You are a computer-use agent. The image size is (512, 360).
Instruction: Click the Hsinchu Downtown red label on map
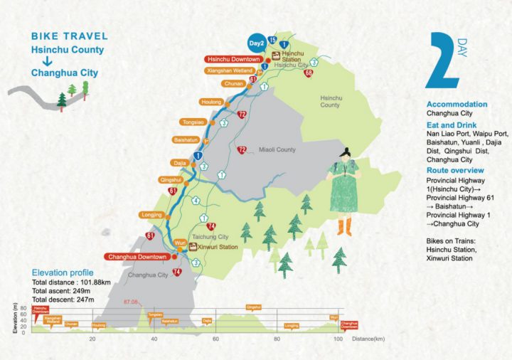[x=233, y=59]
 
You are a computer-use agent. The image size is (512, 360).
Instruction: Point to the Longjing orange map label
[x=153, y=214]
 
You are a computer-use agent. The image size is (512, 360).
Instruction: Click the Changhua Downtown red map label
[x=137, y=256]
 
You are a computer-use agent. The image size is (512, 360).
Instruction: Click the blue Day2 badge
[x=257, y=42]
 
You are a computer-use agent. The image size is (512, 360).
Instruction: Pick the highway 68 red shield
[x=308, y=73]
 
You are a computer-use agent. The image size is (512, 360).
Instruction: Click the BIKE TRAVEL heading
[x=70, y=36]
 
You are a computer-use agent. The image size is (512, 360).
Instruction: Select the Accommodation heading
[x=457, y=105]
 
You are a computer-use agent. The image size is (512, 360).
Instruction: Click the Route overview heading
[x=455, y=171]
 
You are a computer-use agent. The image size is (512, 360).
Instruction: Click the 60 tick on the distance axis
[x=215, y=339]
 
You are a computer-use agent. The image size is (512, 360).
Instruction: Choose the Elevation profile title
[x=63, y=272]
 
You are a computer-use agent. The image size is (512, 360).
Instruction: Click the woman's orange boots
[x=344, y=228]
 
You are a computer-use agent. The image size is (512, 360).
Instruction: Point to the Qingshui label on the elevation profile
[x=253, y=307]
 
